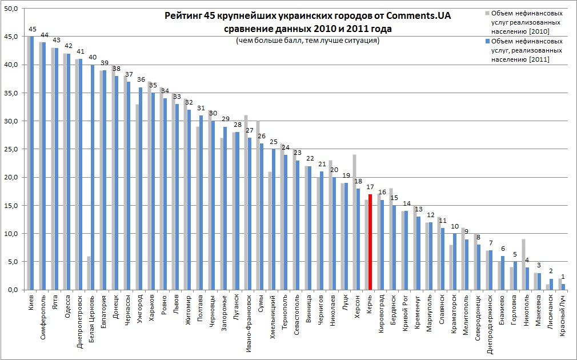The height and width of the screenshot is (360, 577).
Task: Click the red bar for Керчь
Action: [370, 242]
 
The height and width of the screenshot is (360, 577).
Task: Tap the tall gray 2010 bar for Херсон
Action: [354, 222]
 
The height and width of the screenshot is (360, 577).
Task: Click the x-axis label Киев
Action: [30, 301]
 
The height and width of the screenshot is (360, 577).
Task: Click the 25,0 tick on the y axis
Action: [11, 149]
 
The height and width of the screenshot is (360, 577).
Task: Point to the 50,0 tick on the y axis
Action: [11, 9]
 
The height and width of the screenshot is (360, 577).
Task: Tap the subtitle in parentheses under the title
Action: [307, 41]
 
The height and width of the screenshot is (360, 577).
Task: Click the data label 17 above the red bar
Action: [370, 187]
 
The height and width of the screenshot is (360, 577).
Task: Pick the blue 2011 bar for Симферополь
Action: [44, 166]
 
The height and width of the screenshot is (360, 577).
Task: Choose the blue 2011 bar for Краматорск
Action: [454, 262]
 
